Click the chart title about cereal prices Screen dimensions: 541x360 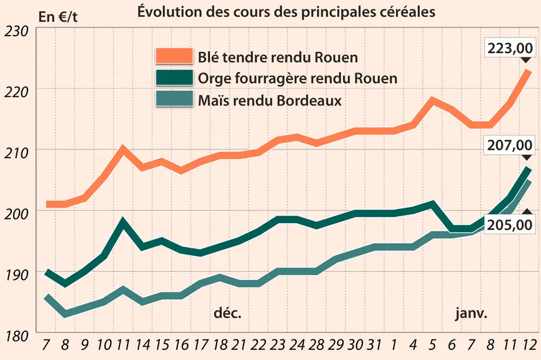click(x=286, y=12)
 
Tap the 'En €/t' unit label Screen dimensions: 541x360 click(x=58, y=17)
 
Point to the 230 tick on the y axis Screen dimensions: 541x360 click(x=16, y=31)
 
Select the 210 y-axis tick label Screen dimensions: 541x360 click(x=16, y=153)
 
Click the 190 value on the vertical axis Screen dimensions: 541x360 click(x=16, y=275)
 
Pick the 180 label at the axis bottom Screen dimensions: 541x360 click(x=16, y=336)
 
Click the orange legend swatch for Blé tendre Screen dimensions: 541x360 click(x=174, y=56)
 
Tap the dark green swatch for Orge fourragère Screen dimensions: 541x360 click(x=174, y=77)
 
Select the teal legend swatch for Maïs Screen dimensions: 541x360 click(x=174, y=99)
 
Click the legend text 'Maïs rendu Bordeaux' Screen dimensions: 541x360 click(x=270, y=101)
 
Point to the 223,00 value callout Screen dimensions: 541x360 click(x=510, y=48)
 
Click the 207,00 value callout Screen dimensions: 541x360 click(x=510, y=145)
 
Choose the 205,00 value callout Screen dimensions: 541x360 click(x=510, y=225)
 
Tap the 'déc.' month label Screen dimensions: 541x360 click(x=227, y=312)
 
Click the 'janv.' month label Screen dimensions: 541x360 click(x=471, y=313)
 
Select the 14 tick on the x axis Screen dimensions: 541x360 click(x=142, y=344)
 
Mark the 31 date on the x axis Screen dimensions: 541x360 click(x=374, y=344)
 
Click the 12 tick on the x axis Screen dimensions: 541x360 click(x=528, y=344)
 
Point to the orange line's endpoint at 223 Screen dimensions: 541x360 click(x=527, y=71)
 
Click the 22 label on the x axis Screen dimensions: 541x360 click(x=258, y=344)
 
